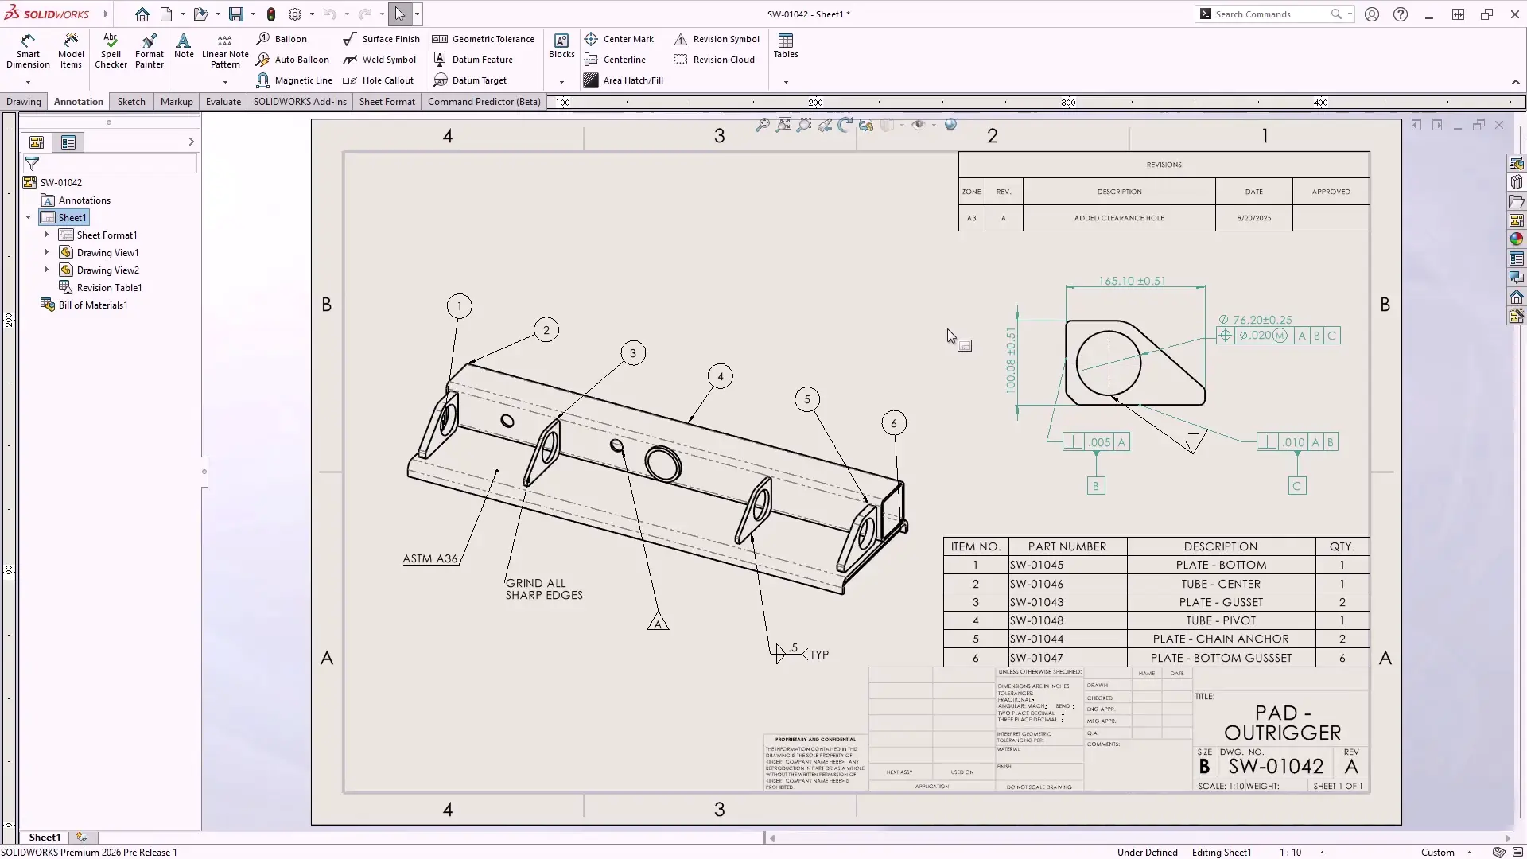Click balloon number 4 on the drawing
tap(721, 377)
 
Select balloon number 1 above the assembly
tap(459, 306)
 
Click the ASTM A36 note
tap(429, 558)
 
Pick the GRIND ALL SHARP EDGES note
tap(543, 589)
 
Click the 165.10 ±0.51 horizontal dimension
tap(1132, 281)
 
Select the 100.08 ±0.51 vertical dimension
tap(1010, 360)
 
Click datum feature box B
tap(1095, 486)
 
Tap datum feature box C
tap(1297, 486)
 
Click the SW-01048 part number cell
tap(1037, 620)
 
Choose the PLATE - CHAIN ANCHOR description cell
tap(1221, 639)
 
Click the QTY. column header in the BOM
tap(1342, 546)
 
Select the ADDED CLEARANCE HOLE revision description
tap(1119, 218)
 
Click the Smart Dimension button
tap(28, 51)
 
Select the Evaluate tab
tap(223, 102)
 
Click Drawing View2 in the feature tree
tap(107, 270)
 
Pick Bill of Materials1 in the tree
tap(92, 305)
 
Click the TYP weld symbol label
tap(819, 655)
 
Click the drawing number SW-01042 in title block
tap(1276, 766)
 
